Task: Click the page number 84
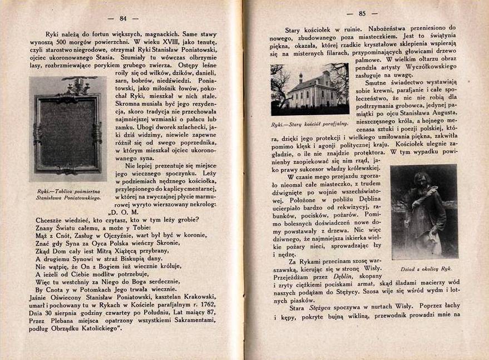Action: [124, 19]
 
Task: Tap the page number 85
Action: [362, 14]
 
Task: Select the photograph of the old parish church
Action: [309, 89]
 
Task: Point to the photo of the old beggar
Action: [424, 211]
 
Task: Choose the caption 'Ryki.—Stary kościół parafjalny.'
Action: [309, 124]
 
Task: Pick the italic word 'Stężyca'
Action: [330, 307]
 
